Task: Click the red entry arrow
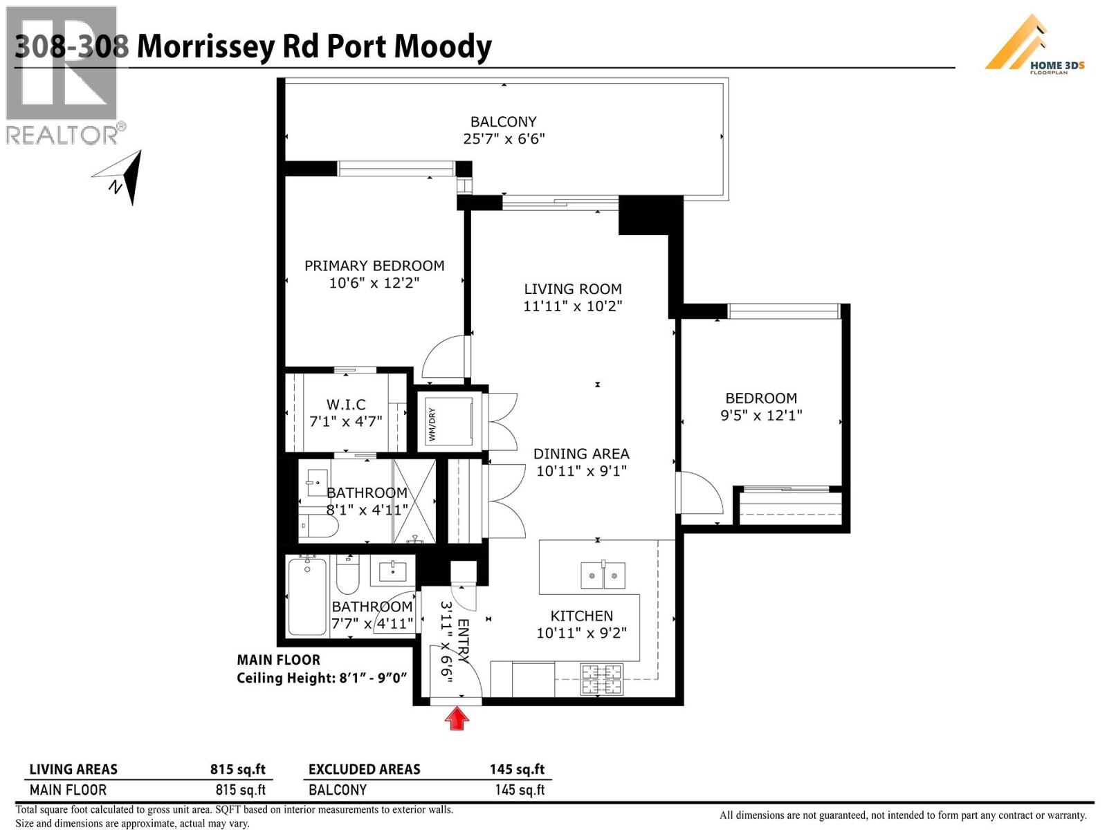click(x=457, y=718)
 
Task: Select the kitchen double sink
click(x=603, y=575)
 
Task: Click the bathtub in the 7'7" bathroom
click(x=307, y=596)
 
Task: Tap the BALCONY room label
click(x=504, y=122)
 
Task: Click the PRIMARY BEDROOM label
click(x=374, y=266)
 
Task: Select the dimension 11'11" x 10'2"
click(x=573, y=306)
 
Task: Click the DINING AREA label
click(x=581, y=454)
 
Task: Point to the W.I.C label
click(x=346, y=405)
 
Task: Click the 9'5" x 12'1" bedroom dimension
click(x=761, y=415)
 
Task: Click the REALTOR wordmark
click(x=62, y=134)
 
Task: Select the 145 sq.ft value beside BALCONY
click(x=520, y=790)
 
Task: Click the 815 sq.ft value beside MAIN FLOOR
click(x=241, y=790)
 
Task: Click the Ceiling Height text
click(x=322, y=678)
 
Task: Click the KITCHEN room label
click(x=581, y=616)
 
